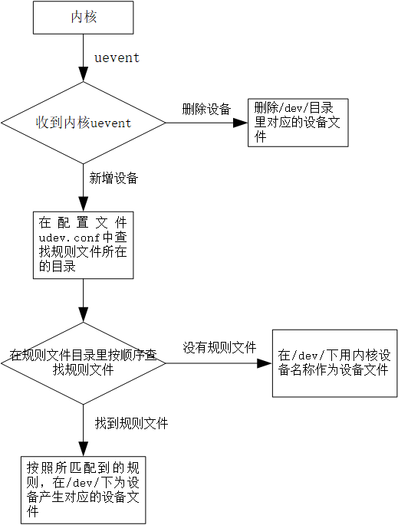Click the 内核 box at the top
click(x=83, y=18)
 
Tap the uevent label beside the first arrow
click(x=117, y=57)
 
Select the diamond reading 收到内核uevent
click(x=83, y=123)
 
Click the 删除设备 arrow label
click(x=206, y=109)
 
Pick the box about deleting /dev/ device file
click(x=298, y=123)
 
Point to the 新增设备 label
click(x=113, y=178)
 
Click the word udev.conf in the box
click(x=69, y=238)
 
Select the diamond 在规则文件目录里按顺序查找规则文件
click(x=83, y=363)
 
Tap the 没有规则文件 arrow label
click(x=219, y=348)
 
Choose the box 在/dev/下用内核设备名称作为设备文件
click(x=334, y=363)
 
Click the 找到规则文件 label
click(x=131, y=424)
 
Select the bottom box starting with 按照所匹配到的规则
click(x=83, y=490)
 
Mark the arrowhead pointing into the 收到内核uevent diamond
click(x=83, y=74)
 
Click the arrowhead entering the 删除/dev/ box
click(x=240, y=123)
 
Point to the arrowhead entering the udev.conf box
click(x=83, y=204)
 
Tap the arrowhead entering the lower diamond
click(x=83, y=315)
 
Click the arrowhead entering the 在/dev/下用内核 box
click(x=265, y=363)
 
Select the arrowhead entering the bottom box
click(x=83, y=448)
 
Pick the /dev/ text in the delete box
click(x=293, y=109)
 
